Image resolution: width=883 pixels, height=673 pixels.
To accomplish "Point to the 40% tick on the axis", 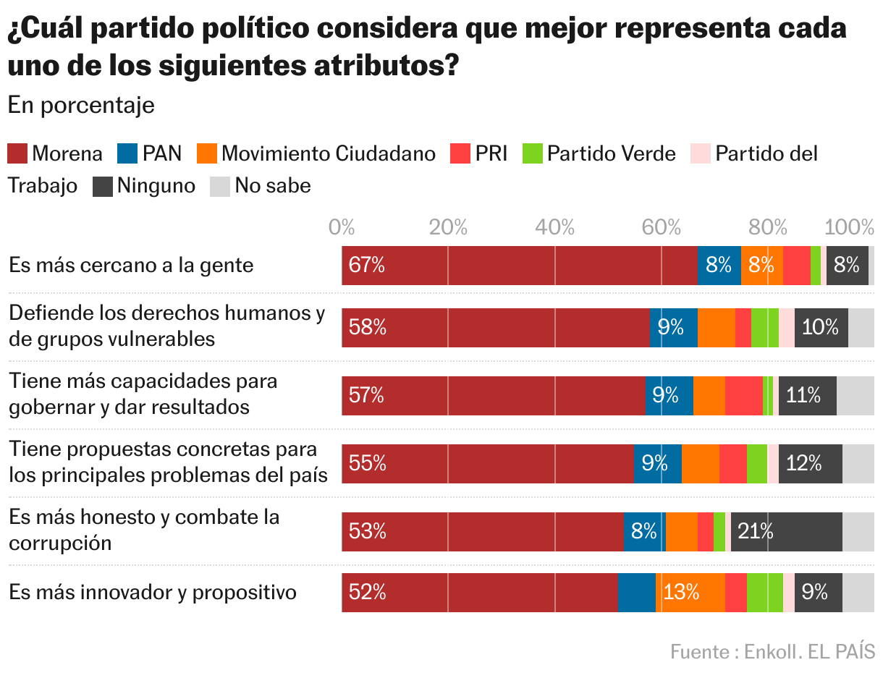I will pos(554,228).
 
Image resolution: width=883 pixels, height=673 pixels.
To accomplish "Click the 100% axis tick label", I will pos(850,228).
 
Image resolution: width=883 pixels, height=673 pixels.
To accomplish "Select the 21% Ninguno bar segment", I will pos(786,532).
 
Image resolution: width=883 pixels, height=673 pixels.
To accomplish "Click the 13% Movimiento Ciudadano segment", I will pos(690,593).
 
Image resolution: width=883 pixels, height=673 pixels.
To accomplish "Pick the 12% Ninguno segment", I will pos(810,463).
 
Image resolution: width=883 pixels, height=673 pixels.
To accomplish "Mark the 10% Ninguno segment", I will pos(821,328).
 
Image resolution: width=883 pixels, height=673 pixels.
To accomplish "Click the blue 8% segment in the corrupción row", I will pos(644,532).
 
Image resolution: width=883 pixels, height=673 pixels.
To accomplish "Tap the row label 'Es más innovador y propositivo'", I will pos(153,593).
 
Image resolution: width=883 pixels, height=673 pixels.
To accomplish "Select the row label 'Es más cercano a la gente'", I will pos(131,265).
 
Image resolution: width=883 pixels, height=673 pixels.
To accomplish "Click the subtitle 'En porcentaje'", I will pos(81,105).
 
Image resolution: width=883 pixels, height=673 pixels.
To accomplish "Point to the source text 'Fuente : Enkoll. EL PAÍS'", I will pos(772,651).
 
